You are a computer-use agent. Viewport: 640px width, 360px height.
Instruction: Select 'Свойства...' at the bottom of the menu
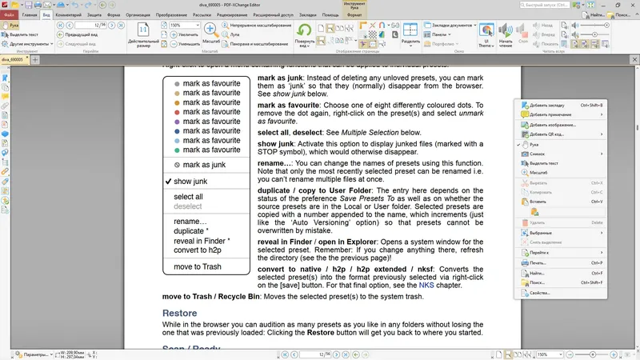540,294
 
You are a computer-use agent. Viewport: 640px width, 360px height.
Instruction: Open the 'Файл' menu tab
9,15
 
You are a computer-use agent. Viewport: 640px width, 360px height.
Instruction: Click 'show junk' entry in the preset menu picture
190,182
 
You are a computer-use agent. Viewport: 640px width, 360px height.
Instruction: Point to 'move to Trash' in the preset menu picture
198,266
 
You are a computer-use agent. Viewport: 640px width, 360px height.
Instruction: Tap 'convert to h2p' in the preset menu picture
196,250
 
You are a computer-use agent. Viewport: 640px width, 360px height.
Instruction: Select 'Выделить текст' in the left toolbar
24,35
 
